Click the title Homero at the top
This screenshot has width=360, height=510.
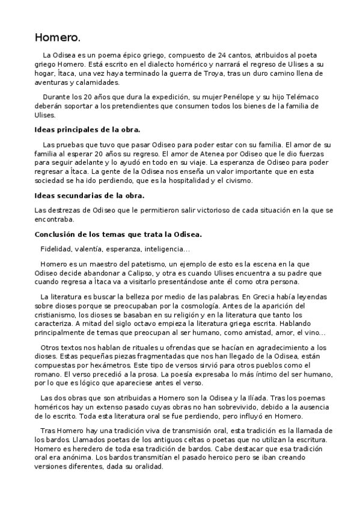[x=57, y=38]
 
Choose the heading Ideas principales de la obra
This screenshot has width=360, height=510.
[x=88, y=129]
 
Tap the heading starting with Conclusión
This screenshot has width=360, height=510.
[x=118, y=234]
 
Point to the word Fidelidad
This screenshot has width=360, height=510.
[x=57, y=248]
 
